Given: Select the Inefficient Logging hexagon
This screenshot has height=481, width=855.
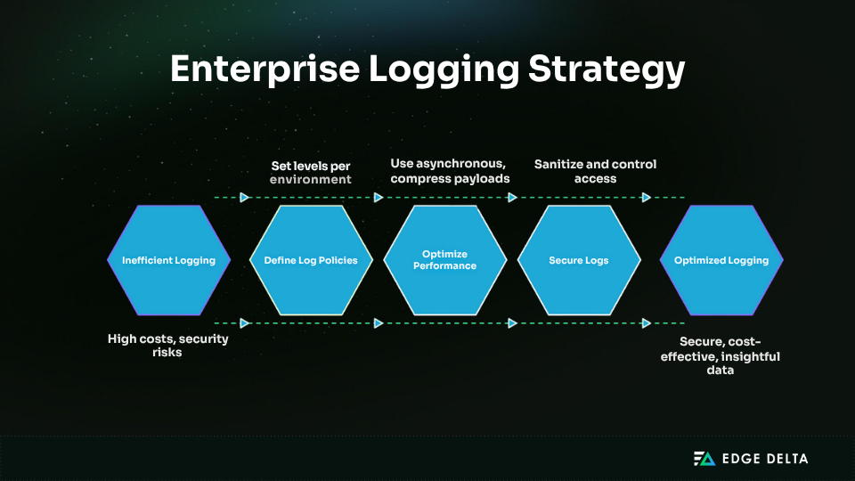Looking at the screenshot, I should pyautogui.click(x=168, y=260).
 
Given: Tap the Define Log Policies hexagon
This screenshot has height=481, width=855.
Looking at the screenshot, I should pyautogui.click(x=311, y=260).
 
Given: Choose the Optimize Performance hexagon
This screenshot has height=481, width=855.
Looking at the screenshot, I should pyautogui.click(x=444, y=260).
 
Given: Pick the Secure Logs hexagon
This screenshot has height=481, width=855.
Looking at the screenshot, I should pyautogui.click(x=579, y=260).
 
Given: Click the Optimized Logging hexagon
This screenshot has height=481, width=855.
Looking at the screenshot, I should pyautogui.click(x=721, y=260).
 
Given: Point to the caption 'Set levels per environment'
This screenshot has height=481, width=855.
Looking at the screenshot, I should pyautogui.click(x=311, y=172).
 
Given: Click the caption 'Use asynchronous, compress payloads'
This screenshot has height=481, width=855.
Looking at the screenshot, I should pyautogui.click(x=450, y=171).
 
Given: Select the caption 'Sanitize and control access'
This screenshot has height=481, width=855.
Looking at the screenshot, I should pyautogui.click(x=595, y=171).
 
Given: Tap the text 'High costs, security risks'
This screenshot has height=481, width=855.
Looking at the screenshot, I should pyautogui.click(x=168, y=346).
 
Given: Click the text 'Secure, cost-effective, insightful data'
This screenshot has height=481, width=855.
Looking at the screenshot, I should pyautogui.click(x=721, y=355).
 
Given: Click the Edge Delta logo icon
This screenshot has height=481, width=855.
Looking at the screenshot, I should pyautogui.click(x=704, y=459).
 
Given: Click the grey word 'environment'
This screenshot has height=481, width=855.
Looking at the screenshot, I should pyautogui.click(x=311, y=179).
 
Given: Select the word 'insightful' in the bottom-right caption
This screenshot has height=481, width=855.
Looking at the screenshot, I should pyautogui.click(x=750, y=355).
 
